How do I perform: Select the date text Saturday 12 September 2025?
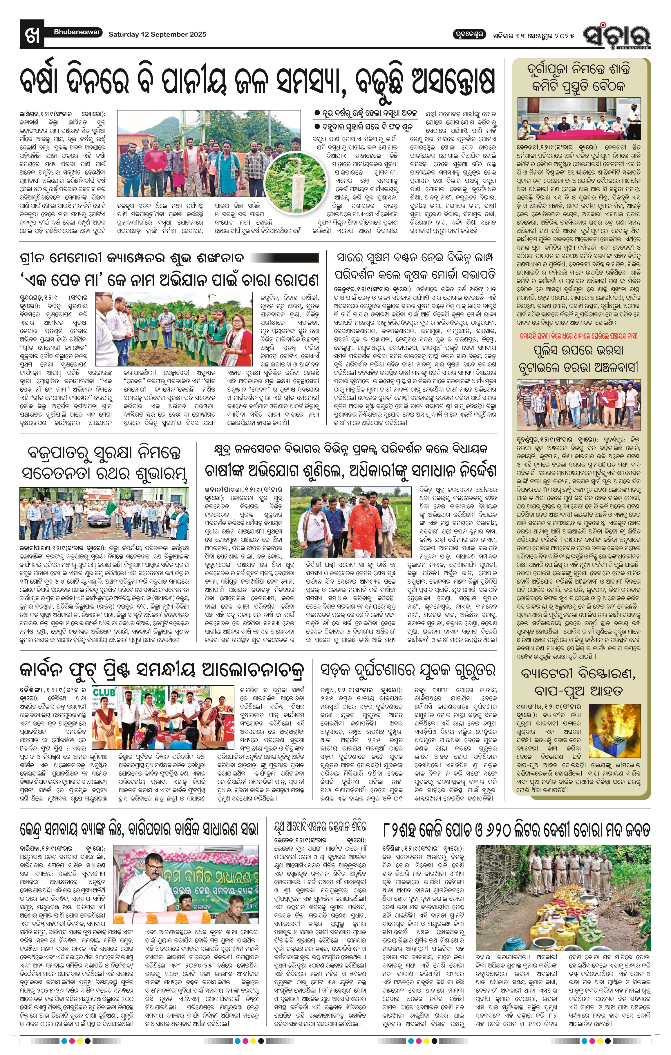coord(157,34)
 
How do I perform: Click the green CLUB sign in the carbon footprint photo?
coord(104,693)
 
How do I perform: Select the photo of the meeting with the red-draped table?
coord(578,119)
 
